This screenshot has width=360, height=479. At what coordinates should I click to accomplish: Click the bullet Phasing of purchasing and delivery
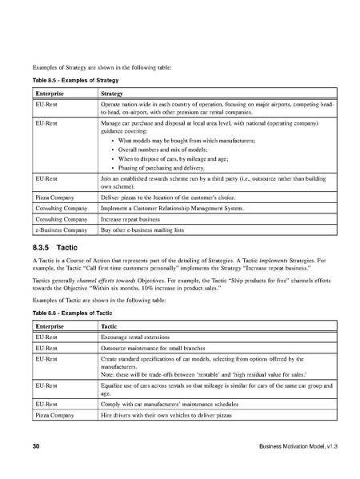pyautogui.click(x=162, y=168)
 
